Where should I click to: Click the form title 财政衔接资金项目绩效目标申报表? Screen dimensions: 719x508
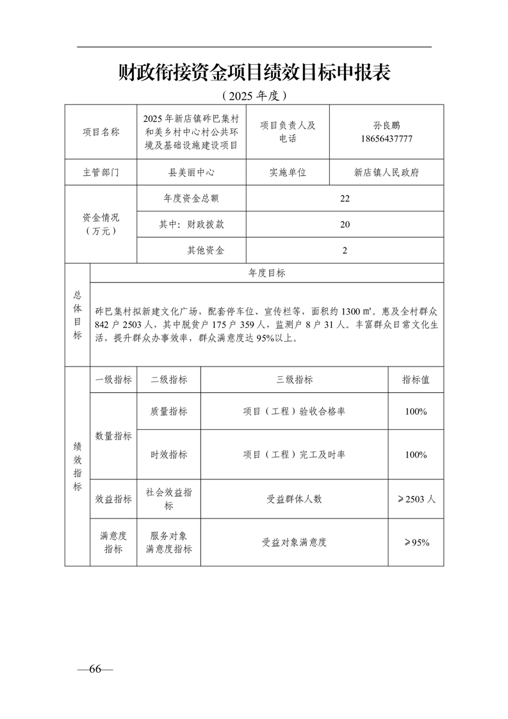pyautogui.click(x=254, y=73)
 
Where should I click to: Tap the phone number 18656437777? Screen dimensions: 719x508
pyautogui.click(x=386, y=138)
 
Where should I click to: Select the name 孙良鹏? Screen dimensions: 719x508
pyautogui.click(x=386, y=126)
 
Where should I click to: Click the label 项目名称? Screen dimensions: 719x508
pyautogui.click(x=101, y=132)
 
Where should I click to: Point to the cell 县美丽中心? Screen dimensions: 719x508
pyautogui.click(x=191, y=172)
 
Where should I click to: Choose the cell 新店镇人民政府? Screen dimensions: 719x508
pyautogui.click(x=386, y=172)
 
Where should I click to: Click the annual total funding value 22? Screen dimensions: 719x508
pyautogui.click(x=345, y=199)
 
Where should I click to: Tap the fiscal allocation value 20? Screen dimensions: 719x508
pyautogui.click(x=345, y=225)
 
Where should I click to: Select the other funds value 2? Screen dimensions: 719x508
pyautogui.click(x=345, y=251)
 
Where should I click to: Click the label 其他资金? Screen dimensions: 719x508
pyautogui.click(x=206, y=251)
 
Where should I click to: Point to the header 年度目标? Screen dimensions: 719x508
pyautogui.click(x=267, y=273)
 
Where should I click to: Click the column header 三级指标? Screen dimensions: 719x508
pyautogui.click(x=294, y=379)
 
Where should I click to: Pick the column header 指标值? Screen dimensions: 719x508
pyautogui.click(x=416, y=379)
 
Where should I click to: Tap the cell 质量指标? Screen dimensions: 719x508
pyautogui.click(x=169, y=411)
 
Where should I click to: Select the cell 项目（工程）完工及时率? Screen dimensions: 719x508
pyautogui.click(x=294, y=454)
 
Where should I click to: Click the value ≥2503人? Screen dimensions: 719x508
pyautogui.click(x=416, y=499)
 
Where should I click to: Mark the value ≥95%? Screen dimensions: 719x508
pyautogui.click(x=416, y=542)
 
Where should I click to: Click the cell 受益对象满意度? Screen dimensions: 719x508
pyautogui.click(x=294, y=542)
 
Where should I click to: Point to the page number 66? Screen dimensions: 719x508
pyautogui.click(x=95, y=669)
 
